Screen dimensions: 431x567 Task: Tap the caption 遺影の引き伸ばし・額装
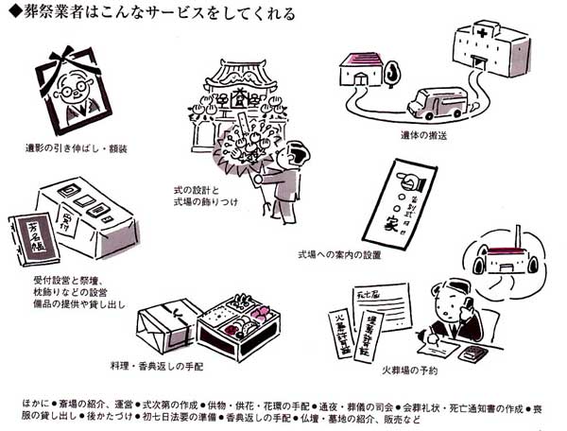79,149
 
